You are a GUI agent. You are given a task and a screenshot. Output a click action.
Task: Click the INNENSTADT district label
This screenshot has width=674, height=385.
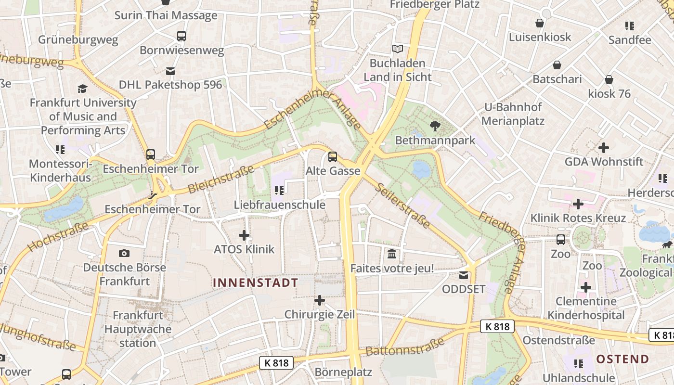click(x=255, y=282)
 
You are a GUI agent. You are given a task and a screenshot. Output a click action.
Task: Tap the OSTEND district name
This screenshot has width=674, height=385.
click(x=622, y=359)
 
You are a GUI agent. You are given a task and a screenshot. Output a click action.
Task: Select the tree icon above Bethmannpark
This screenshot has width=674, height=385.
click(x=435, y=127)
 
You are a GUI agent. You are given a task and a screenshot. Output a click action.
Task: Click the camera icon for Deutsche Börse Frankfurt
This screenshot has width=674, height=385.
click(x=124, y=253)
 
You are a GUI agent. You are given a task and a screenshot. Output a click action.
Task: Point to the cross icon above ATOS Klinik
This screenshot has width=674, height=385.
click(x=244, y=235)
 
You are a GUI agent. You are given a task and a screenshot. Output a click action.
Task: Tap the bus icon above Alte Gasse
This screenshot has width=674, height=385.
click(x=333, y=157)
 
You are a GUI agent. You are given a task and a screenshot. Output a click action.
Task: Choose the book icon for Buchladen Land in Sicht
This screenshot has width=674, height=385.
click(x=397, y=49)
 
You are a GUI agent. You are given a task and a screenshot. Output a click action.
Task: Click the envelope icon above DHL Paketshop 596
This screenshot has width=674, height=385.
click(x=170, y=71)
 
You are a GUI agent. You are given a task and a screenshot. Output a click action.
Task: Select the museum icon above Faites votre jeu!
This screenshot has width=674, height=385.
click(x=392, y=254)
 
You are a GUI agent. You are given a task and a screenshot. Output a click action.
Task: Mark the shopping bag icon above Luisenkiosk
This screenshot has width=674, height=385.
click(x=540, y=23)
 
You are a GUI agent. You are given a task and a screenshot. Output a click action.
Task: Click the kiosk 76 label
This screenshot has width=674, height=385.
click(x=609, y=93)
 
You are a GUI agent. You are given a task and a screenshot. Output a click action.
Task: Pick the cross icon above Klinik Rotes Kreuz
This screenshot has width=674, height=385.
click(x=578, y=204)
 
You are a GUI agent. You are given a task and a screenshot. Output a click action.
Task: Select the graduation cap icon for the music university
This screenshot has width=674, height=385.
click(x=83, y=89)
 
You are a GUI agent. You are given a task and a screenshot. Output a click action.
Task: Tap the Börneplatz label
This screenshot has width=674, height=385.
click(x=343, y=372)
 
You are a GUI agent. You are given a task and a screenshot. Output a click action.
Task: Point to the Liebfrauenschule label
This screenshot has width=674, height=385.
click(x=280, y=205)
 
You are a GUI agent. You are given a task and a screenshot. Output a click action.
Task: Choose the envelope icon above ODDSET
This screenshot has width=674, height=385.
click(x=463, y=275)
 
